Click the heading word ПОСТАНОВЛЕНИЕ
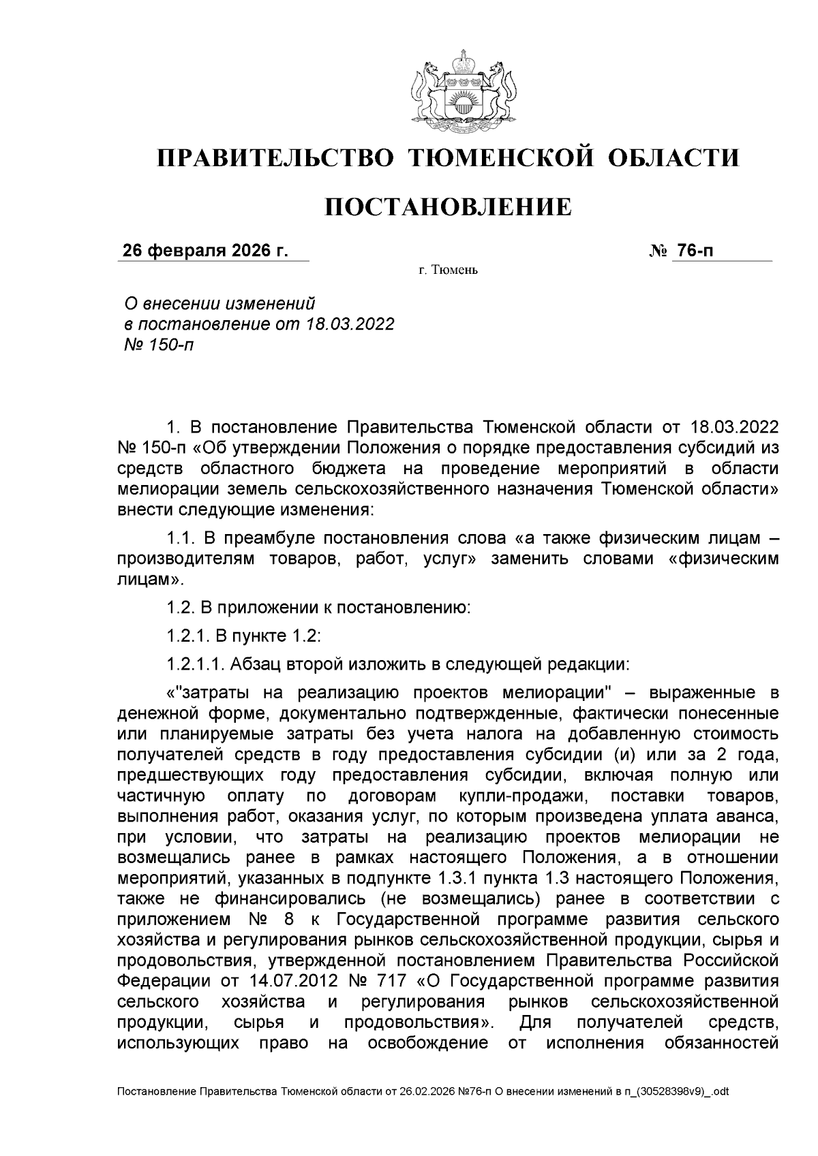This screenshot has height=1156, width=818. pyautogui.click(x=447, y=206)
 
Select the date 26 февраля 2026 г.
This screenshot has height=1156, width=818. pyautogui.click(x=204, y=251)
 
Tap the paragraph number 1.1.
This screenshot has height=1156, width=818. pyautogui.click(x=181, y=538)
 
